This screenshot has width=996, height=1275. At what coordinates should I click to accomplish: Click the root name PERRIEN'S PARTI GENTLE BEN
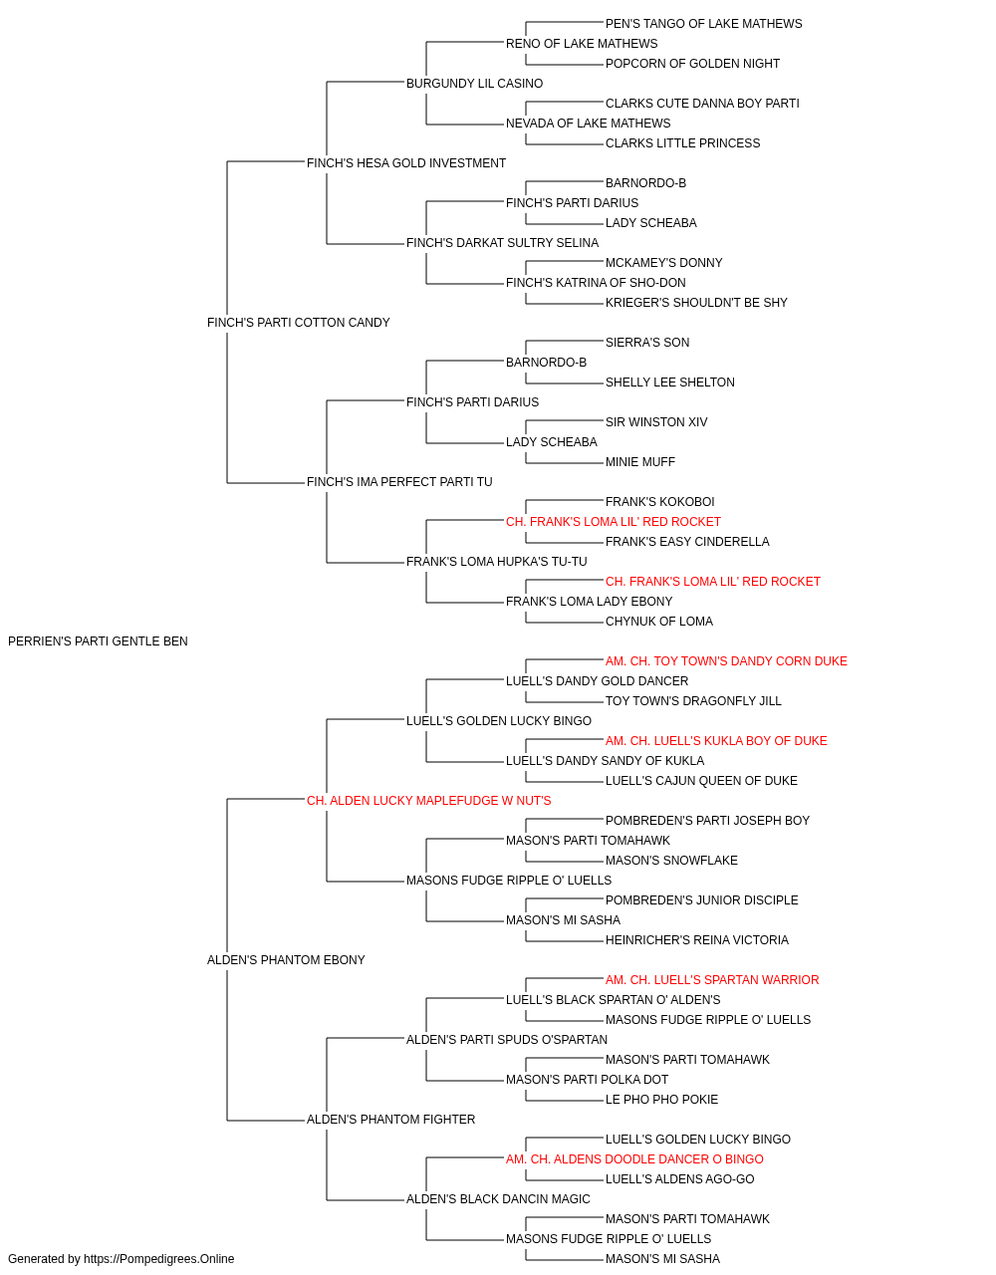coord(98,641)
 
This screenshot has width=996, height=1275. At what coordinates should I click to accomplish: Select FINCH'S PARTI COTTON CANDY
coord(298,323)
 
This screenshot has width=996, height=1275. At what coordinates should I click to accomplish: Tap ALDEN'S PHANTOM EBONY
coord(286,960)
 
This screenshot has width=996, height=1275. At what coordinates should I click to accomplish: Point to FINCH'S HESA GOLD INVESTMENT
coord(406,163)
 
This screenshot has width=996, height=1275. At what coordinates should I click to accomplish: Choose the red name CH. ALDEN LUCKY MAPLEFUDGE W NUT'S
coord(429,801)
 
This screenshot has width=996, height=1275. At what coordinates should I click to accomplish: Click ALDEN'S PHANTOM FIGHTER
coord(390,1120)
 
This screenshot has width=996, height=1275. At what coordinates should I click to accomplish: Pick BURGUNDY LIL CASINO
coord(474,84)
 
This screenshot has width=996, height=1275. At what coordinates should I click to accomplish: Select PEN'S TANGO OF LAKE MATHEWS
coord(703,24)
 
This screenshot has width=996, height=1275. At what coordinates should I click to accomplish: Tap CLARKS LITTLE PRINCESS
coord(682,143)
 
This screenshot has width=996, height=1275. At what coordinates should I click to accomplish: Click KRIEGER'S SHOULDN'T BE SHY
coord(696,303)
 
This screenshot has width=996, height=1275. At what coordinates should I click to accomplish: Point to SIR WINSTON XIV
coord(656,422)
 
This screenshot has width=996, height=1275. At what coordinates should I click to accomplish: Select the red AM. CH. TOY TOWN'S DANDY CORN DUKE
coord(726,661)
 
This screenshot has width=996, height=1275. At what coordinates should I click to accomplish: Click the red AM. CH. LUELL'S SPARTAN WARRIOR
coord(712,980)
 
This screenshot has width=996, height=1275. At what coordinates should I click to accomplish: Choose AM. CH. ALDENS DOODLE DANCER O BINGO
coord(634,1159)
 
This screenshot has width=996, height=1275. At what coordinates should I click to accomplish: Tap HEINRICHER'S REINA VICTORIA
coord(697,940)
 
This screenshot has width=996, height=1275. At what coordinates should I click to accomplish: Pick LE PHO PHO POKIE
coord(661,1100)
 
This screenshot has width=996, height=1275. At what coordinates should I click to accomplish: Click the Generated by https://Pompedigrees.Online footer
coord(121,1259)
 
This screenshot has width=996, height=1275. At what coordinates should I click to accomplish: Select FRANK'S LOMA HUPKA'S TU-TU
coord(497,562)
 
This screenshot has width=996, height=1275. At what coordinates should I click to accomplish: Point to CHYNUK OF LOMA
coord(659,622)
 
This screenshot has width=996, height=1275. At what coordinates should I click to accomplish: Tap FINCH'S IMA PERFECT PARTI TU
coord(399,482)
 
